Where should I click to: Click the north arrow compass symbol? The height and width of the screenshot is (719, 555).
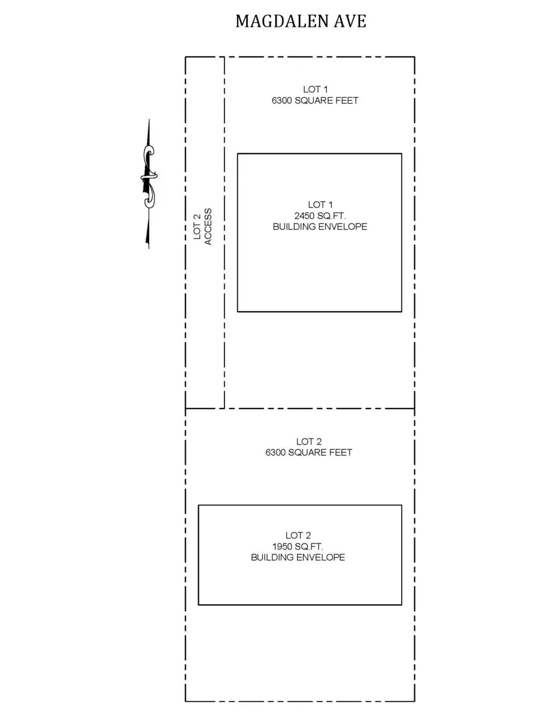[148, 184]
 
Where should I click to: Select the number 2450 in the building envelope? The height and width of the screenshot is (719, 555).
[304, 216]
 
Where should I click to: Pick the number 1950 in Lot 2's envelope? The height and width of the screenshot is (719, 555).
[282, 546]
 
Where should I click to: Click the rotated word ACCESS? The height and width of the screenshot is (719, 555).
[208, 226]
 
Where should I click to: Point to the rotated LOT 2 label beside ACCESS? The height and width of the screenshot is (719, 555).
[197, 226]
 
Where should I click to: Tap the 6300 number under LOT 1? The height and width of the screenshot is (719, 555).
[281, 101]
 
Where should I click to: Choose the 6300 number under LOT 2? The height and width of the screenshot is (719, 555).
[275, 452]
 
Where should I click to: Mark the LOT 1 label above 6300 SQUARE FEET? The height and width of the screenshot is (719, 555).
[316, 89]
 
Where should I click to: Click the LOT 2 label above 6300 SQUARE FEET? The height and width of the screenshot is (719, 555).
[309, 442]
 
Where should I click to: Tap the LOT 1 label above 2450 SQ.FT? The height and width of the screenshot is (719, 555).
[320, 205]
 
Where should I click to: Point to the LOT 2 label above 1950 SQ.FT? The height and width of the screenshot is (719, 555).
[298, 536]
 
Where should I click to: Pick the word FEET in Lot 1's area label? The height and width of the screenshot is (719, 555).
[347, 101]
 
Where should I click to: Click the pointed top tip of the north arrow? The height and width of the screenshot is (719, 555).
[149, 119]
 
